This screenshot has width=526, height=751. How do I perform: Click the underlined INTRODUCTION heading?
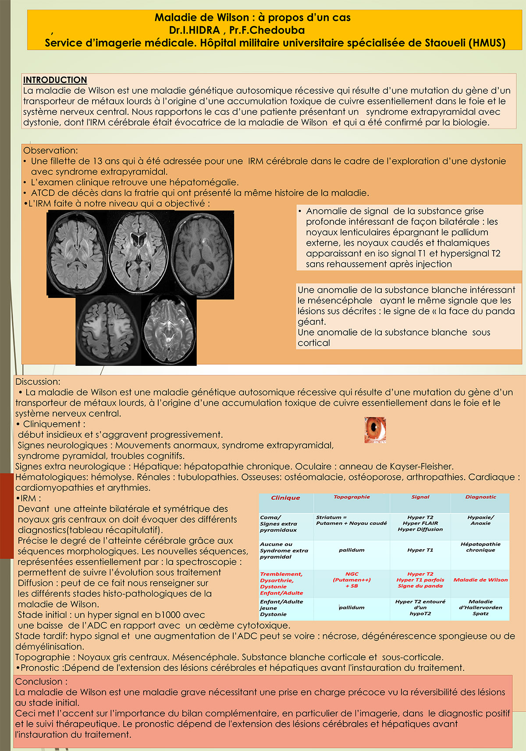(55, 80)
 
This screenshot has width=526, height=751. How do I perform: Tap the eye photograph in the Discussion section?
(375, 430)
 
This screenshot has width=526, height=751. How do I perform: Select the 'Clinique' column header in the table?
(285, 498)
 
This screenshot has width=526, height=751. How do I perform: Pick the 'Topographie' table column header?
(352, 497)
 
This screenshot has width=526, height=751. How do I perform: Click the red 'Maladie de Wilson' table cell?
(480, 580)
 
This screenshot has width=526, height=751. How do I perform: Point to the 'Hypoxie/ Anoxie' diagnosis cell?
(480, 520)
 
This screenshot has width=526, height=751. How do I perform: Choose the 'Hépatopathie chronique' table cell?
(480, 547)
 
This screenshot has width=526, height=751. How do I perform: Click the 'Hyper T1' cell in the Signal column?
(420, 550)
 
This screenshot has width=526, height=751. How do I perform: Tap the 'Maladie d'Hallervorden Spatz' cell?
(480, 607)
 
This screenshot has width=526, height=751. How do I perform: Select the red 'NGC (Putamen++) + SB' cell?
(352, 580)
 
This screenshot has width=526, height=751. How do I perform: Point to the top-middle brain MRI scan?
(139, 253)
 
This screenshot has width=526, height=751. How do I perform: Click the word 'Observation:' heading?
(50, 150)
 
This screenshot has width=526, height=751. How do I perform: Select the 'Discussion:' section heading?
(38, 382)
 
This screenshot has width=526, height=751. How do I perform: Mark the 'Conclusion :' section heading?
(41, 681)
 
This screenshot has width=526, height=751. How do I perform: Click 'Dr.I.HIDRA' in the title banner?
(194, 30)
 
